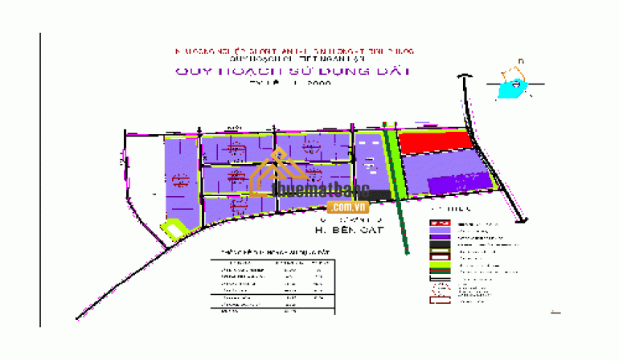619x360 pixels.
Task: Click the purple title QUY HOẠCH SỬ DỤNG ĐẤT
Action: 293,71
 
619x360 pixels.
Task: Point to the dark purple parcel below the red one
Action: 458,183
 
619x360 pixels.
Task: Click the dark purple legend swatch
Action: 440,239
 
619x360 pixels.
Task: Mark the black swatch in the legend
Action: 440,247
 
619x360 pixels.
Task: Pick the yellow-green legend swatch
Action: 440,266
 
